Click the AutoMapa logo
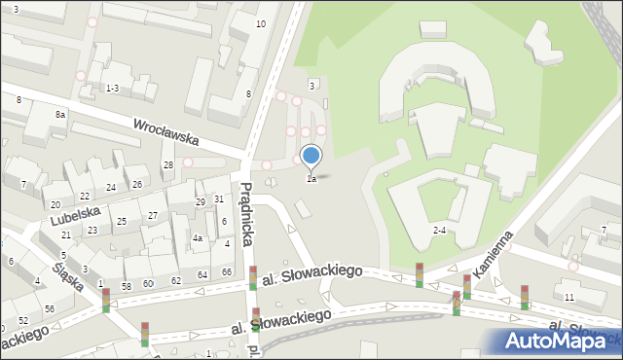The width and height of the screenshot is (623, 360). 555,341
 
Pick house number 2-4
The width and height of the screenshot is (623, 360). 439,231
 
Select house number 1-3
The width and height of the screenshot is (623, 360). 112,89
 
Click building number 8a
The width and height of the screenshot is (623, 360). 60,115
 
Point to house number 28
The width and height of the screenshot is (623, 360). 167,165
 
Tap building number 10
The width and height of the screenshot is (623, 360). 260,23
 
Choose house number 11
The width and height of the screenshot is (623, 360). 569,297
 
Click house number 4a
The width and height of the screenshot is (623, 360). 197,238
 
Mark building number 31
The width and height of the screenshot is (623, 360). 220,198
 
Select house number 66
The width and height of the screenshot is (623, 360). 226,272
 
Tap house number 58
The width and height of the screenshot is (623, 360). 126,286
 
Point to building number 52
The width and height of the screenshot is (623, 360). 22,320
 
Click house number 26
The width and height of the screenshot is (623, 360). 137,185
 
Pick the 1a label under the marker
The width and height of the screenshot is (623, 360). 311,179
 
